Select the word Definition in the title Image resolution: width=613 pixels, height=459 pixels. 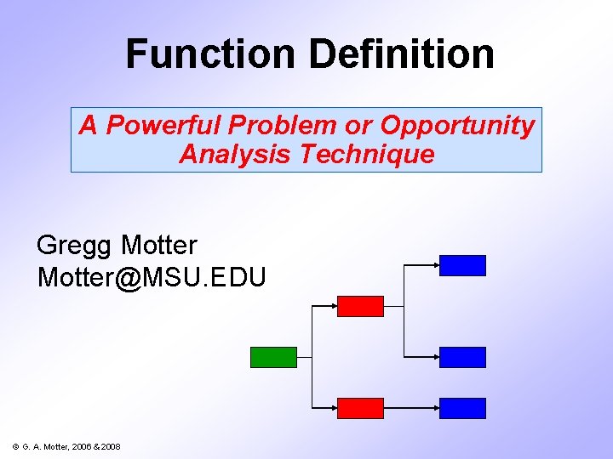click(x=401, y=54)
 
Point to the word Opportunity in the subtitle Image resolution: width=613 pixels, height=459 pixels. click(x=457, y=126)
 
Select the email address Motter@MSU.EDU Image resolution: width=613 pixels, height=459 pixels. click(x=152, y=277)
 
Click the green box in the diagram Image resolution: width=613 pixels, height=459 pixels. click(x=273, y=357)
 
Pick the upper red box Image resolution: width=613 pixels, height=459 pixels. click(x=360, y=306)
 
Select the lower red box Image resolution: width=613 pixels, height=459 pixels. click(x=360, y=408)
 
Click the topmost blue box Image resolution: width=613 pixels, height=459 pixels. click(x=462, y=265)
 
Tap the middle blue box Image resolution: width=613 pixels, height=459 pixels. click(x=462, y=357)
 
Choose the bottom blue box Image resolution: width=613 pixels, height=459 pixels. click(x=462, y=408)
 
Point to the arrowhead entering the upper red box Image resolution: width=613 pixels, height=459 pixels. click(x=334, y=306)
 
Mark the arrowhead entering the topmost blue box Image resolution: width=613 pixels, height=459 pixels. click(x=435, y=265)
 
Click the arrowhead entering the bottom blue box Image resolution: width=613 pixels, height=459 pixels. click(x=435, y=408)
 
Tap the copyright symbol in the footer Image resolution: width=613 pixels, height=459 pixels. click(x=15, y=446)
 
